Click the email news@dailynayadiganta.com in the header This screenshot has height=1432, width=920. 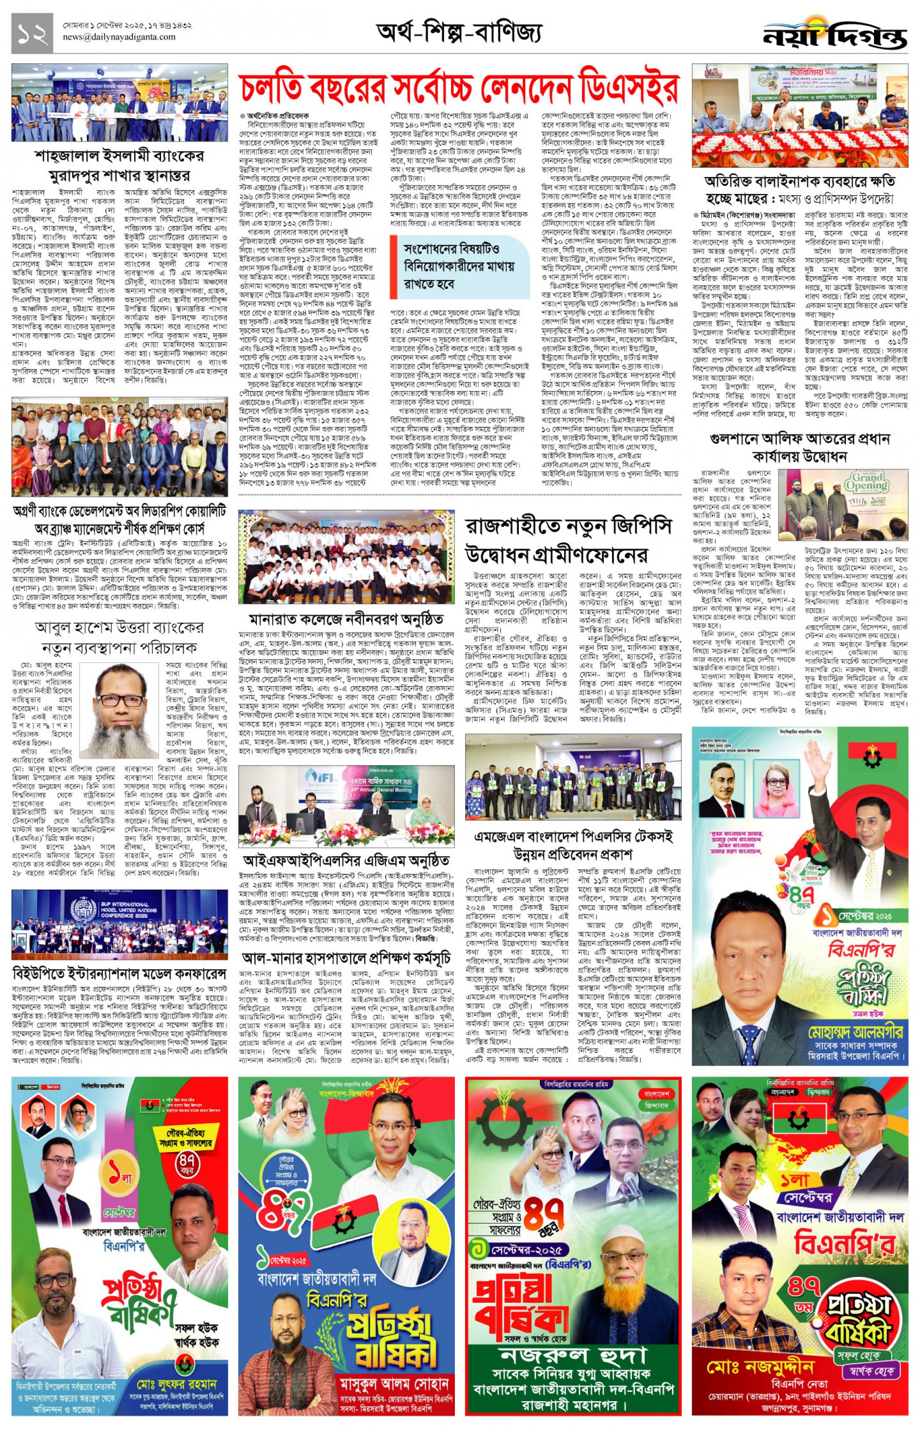(x=120, y=37)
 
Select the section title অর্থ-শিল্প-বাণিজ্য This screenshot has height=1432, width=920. (x=459, y=32)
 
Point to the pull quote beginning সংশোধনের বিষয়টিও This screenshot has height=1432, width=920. (x=459, y=266)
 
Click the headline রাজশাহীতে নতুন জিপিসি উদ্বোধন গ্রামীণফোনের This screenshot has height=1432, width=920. (x=568, y=541)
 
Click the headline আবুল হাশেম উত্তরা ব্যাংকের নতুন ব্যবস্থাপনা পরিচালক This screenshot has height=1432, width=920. (x=120, y=638)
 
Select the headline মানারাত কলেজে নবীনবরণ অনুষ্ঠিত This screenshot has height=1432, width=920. (x=346, y=618)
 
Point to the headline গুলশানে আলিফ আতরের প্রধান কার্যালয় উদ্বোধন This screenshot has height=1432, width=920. (x=799, y=448)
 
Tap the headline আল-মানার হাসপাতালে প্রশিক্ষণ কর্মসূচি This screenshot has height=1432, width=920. (x=346, y=957)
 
